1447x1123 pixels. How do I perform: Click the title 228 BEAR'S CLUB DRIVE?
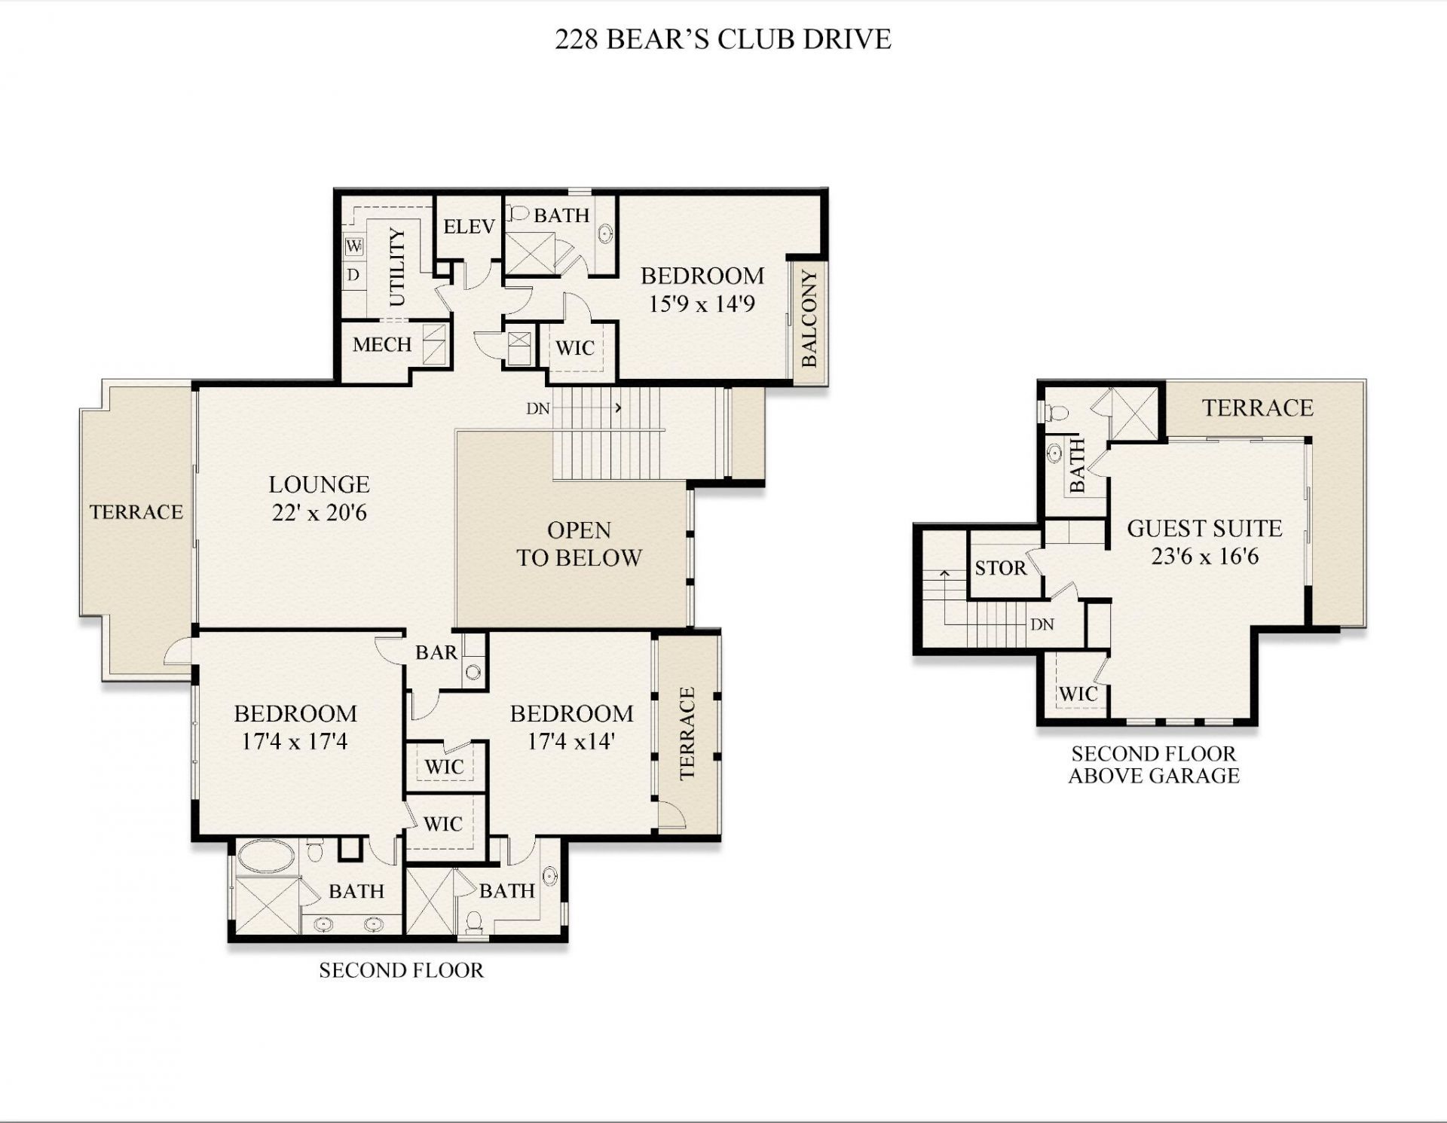pyautogui.click(x=723, y=39)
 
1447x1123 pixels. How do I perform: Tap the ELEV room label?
pyautogui.click(x=469, y=227)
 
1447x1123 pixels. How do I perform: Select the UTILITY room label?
pyautogui.click(x=397, y=267)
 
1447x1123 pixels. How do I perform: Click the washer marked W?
pyautogui.click(x=354, y=246)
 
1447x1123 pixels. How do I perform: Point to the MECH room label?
pyautogui.click(x=382, y=345)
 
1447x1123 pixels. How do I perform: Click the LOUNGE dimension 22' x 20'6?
pyautogui.click(x=319, y=513)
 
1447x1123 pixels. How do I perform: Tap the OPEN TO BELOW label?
pyautogui.click(x=579, y=544)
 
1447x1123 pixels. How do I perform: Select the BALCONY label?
pyautogui.click(x=809, y=319)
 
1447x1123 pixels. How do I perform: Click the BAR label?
pyautogui.click(x=436, y=652)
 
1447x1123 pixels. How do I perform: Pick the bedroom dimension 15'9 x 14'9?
pyautogui.click(x=702, y=304)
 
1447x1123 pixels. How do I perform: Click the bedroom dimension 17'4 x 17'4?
pyautogui.click(x=295, y=742)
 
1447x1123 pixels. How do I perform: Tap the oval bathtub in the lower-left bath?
pyautogui.click(x=267, y=857)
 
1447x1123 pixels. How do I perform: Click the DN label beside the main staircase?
pyautogui.click(x=538, y=409)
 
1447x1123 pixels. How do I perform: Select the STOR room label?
pyautogui.click(x=1000, y=568)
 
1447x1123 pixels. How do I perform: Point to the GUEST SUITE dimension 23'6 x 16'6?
pyautogui.click(x=1204, y=557)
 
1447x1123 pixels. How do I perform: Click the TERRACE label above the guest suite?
pyautogui.click(x=1257, y=408)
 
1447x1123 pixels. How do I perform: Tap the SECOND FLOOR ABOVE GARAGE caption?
pyautogui.click(x=1154, y=764)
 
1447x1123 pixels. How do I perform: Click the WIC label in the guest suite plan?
pyautogui.click(x=1078, y=694)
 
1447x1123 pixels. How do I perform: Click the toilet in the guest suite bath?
pyautogui.click(x=1056, y=413)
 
